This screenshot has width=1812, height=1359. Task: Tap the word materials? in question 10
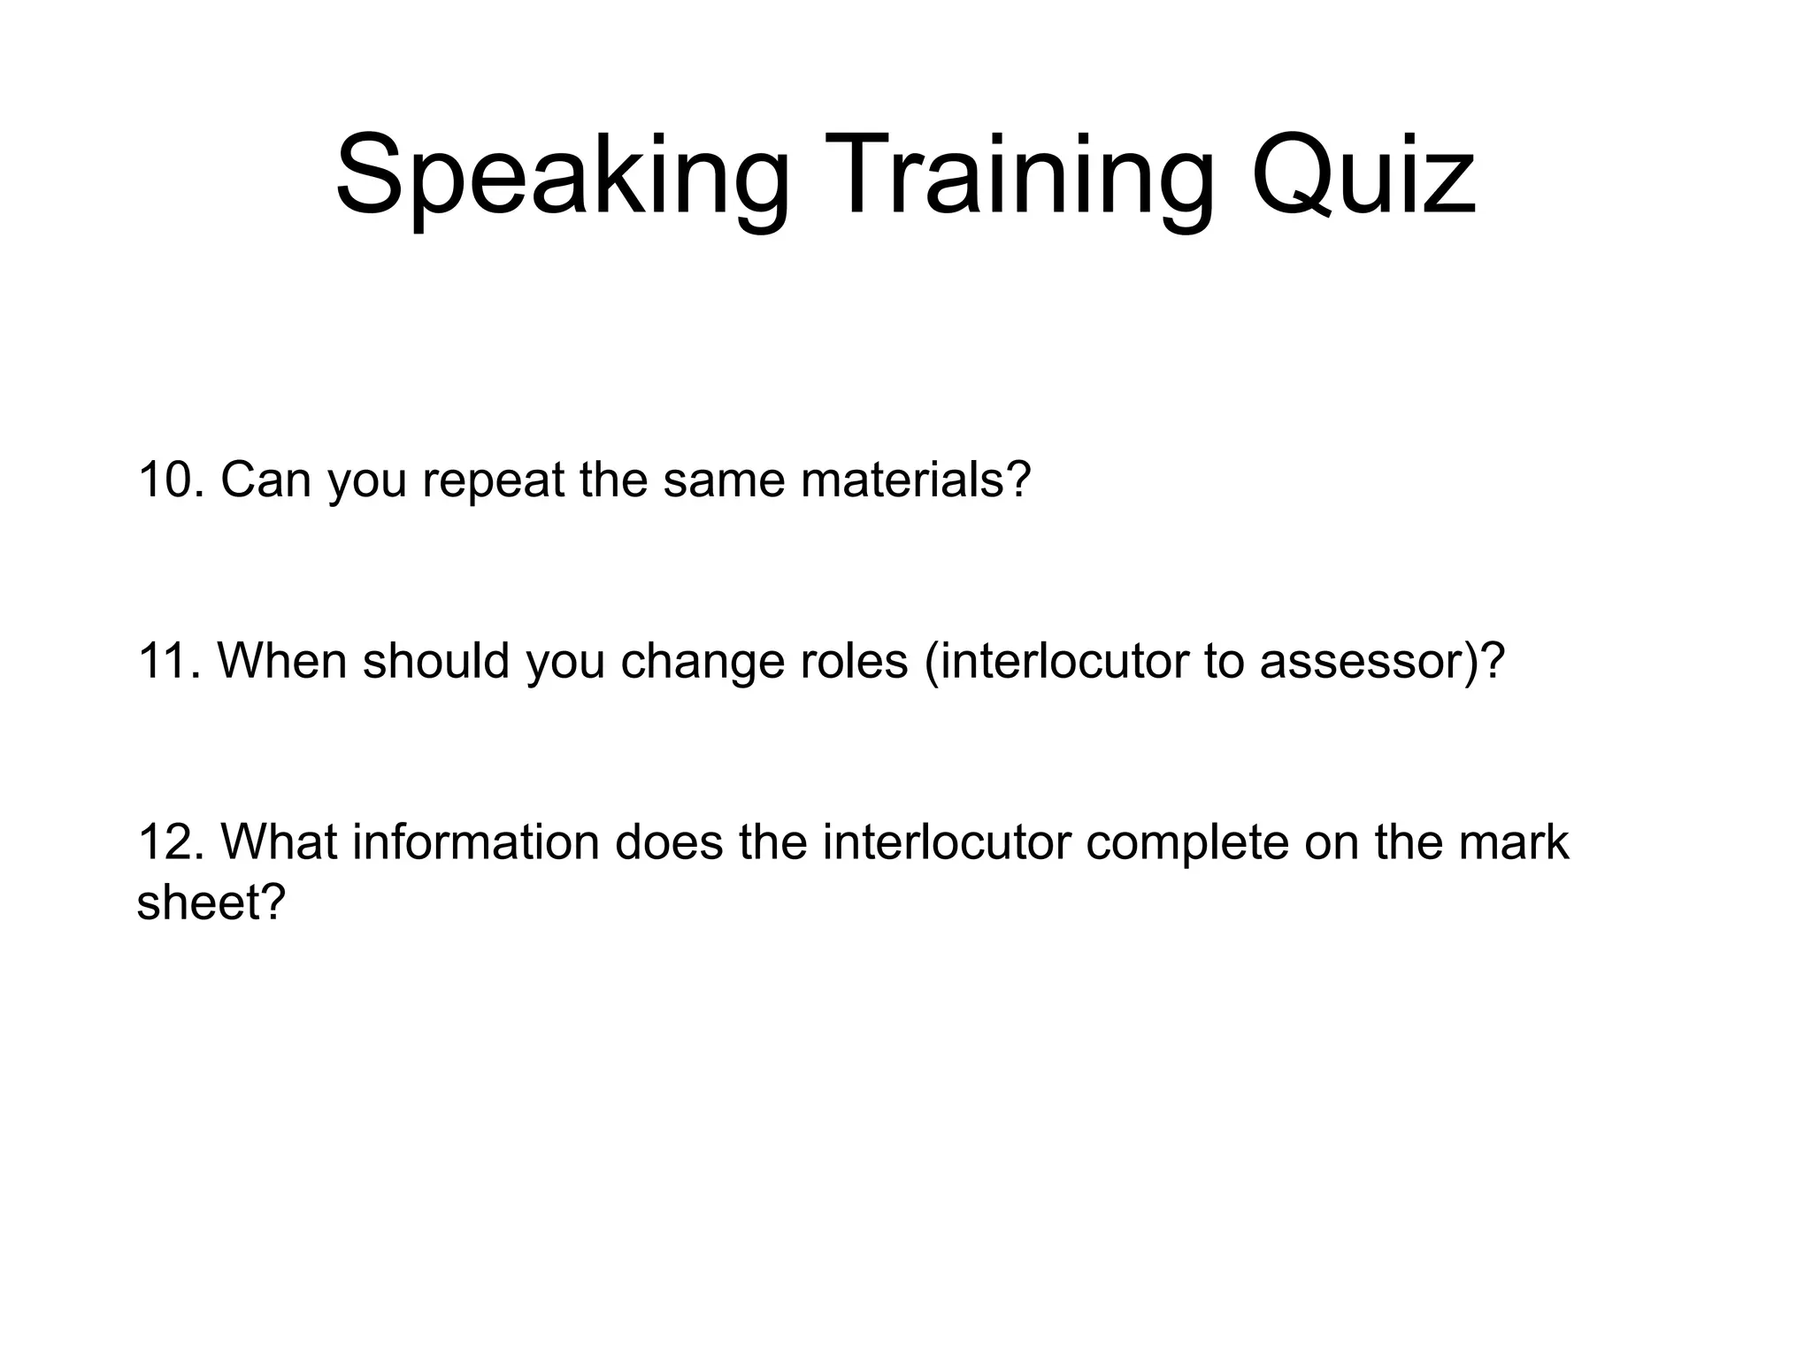pos(916,480)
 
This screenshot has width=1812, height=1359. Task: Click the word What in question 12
pos(279,841)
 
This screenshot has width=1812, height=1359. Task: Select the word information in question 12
pos(476,841)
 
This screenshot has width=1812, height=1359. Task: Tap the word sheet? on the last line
pos(211,903)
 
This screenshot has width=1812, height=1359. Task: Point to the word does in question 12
pos(669,841)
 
